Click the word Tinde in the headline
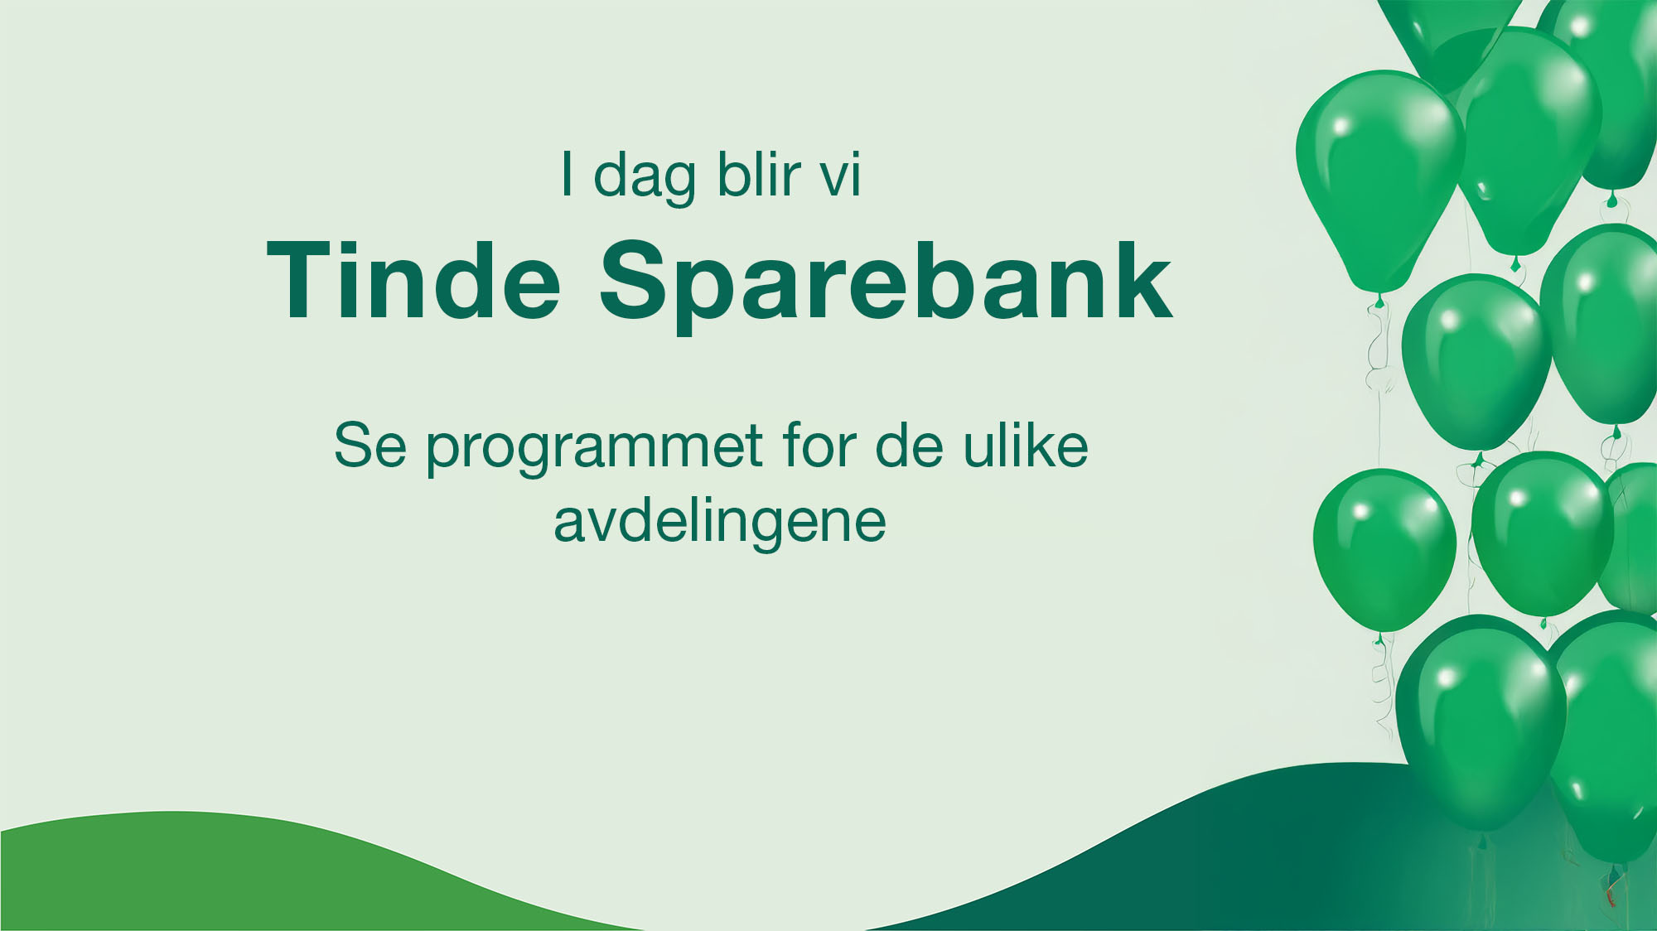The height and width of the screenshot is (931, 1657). (414, 280)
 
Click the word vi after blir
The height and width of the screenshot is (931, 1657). (840, 176)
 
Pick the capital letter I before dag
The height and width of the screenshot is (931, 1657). (567, 174)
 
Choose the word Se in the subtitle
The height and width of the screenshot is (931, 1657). (370, 446)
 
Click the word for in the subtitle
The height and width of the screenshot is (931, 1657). (819, 446)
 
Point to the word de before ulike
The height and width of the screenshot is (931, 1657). (909, 446)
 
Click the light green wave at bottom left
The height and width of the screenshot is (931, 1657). (249, 878)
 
